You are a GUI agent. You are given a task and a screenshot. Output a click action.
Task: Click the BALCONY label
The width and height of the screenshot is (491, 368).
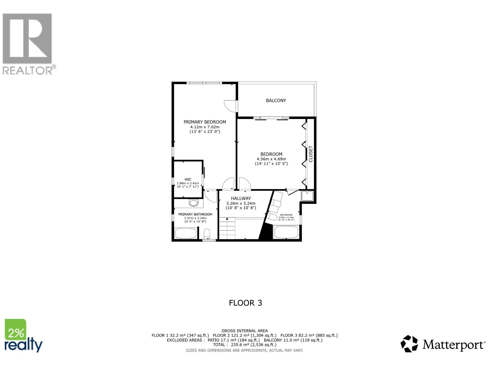[x=276, y=101]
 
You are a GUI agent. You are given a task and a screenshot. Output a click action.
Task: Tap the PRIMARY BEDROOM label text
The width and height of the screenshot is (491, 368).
[x=205, y=122]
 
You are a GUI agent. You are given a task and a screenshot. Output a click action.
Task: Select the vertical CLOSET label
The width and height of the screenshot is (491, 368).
[x=311, y=154]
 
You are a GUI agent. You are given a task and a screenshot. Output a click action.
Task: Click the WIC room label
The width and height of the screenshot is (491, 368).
[x=188, y=180]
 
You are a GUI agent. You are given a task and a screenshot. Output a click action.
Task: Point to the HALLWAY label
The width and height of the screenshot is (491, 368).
[x=241, y=198]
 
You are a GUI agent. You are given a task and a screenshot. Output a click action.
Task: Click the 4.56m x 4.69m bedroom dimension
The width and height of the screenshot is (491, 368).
[x=271, y=159]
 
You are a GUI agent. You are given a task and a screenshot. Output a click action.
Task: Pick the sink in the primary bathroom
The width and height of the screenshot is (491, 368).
[x=194, y=203]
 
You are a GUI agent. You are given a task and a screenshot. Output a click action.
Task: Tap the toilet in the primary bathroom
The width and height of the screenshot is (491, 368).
[x=207, y=233]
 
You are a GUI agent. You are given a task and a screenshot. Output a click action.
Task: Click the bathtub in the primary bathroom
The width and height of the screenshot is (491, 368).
[x=186, y=233]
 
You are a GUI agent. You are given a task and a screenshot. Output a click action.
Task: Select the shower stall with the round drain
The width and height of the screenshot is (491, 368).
[x=307, y=196]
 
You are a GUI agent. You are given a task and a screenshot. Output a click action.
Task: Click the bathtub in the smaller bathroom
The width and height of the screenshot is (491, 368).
[x=286, y=232]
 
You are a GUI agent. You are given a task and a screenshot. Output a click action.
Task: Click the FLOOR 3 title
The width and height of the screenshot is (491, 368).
[x=245, y=303]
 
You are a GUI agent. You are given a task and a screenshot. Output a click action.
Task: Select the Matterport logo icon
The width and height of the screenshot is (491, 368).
[x=409, y=344]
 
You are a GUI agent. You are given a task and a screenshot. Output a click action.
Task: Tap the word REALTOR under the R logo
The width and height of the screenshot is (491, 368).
[x=28, y=71]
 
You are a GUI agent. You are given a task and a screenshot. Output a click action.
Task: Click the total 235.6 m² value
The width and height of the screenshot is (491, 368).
[x=241, y=345]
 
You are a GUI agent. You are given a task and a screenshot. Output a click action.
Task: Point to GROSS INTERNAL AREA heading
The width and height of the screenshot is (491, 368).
[x=245, y=331]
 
